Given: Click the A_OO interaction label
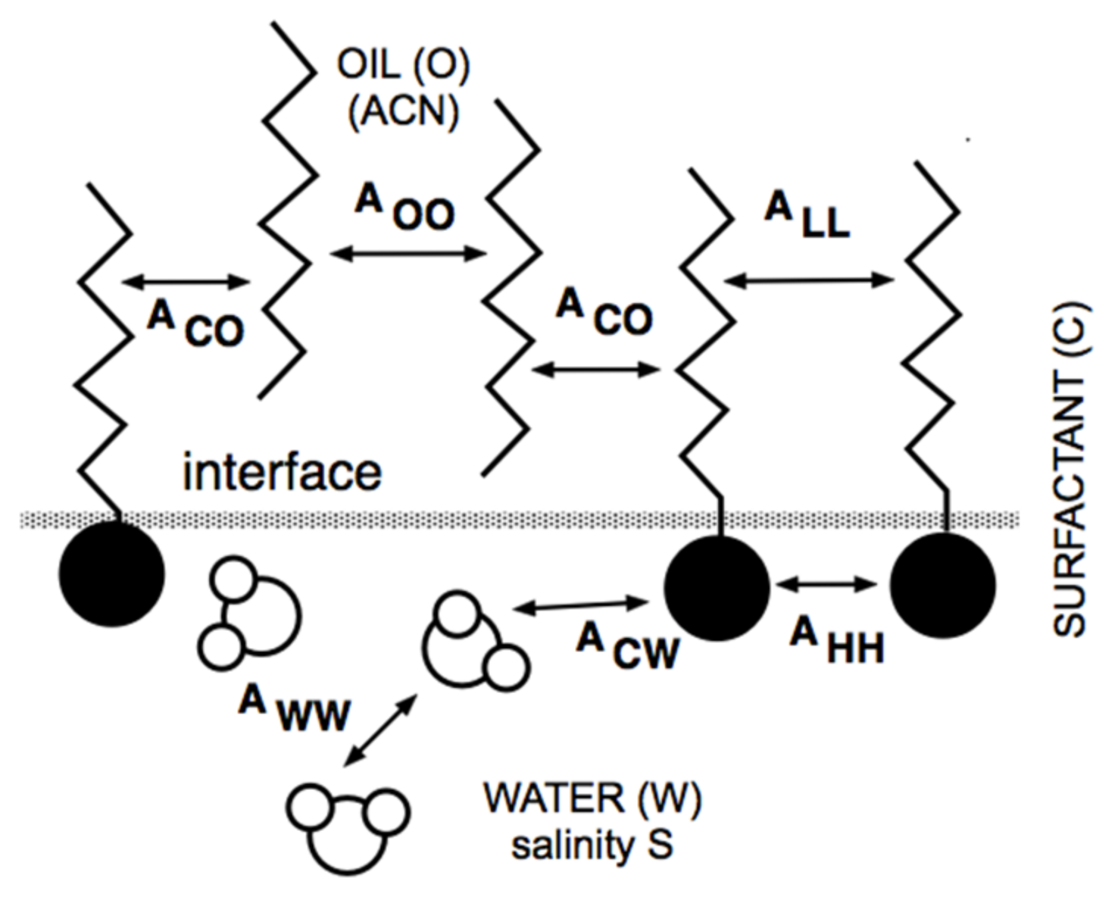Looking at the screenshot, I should pos(405,208).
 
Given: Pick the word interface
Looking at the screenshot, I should pos(282,472).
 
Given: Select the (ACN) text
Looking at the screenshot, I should pos(403,112).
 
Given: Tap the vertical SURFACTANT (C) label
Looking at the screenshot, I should pos(1070,470).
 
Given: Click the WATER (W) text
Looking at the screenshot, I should pos(592,799).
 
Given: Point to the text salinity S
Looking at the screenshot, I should pos(592,845).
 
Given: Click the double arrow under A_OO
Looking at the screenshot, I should pos(408,253).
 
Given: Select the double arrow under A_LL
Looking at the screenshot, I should pos(809,280).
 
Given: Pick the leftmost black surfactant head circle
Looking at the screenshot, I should pos(112,574).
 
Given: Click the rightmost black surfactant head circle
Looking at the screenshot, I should pos(942,586).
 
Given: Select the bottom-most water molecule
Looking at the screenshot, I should pos(348,827).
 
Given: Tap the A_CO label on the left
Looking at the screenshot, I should pos(195,324).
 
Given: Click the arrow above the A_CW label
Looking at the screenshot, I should pos(582,605).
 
